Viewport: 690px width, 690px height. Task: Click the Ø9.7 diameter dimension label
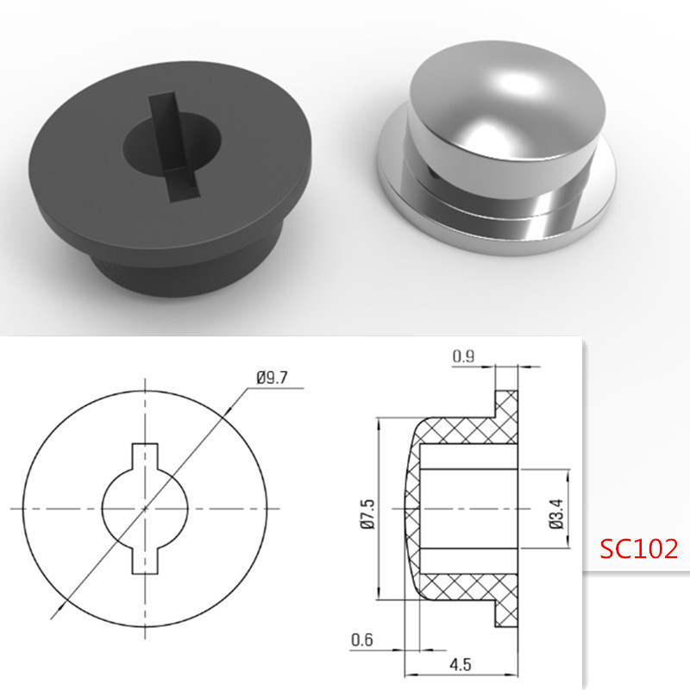pos(272,378)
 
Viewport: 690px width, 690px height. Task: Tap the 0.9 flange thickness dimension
pos(464,356)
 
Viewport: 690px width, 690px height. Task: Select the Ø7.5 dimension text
pos(368,514)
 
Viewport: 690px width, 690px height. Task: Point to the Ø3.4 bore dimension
pos(556,514)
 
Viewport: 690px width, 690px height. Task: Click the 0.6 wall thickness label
pos(362,640)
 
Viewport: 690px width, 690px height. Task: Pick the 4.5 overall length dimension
pos(461,664)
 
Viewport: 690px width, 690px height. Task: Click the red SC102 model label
pos(638,549)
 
